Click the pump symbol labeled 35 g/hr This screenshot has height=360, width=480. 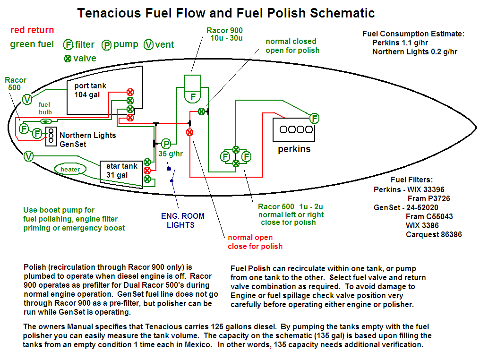[166, 144]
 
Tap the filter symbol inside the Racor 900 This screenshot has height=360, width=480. [193, 97]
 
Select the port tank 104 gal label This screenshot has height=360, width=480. [90, 90]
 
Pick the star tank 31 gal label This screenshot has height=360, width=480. [121, 171]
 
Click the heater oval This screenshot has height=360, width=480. [70, 169]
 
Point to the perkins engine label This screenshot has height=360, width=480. [294, 149]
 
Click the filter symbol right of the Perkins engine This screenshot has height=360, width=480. [314, 118]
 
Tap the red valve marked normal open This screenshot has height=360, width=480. [190, 132]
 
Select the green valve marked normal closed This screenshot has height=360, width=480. [201, 111]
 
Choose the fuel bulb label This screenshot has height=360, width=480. [45, 108]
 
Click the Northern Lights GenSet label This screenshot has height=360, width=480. [87, 139]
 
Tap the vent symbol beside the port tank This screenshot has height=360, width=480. [27, 99]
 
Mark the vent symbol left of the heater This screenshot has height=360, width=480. [28, 156]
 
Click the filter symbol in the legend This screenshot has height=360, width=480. [69, 45]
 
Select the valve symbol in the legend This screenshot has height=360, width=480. [68, 59]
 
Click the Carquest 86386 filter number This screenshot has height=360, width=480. [433, 234]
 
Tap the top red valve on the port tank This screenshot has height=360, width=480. [130, 92]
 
